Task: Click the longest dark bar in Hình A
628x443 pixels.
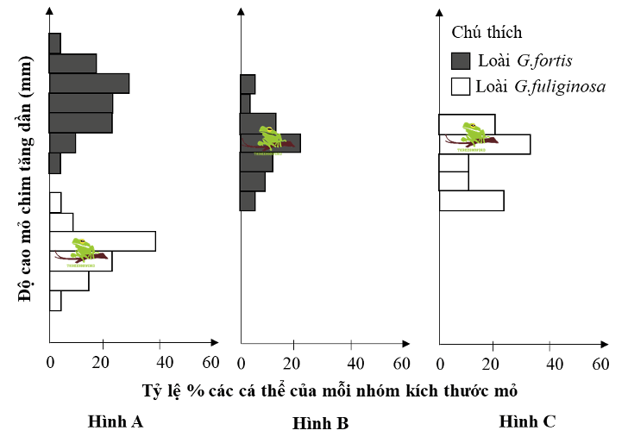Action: click(89, 83)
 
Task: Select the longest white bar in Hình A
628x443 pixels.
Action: click(102, 241)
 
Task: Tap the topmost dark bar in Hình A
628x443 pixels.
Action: click(54, 43)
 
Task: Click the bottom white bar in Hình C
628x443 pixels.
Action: click(471, 201)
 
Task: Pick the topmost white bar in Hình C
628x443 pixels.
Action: click(467, 124)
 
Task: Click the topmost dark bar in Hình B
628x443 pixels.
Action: click(248, 84)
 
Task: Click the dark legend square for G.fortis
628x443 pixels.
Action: click(461, 60)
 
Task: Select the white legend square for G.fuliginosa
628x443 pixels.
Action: click(461, 86)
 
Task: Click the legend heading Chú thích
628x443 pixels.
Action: click(487, 32)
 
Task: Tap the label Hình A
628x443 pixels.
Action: click(115, 421)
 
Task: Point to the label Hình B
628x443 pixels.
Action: click(320, 423)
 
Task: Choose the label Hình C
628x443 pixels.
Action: click(527, 421)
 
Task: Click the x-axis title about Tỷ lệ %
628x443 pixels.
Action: click(330, 390)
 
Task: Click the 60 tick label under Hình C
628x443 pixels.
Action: click(600, 362)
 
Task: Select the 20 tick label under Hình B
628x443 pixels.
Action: click(296, 362)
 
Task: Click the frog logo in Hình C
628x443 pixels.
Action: click(472, 134)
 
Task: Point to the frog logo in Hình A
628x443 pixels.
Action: click(83, 253)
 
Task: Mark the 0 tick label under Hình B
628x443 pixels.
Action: click(242, 362)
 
